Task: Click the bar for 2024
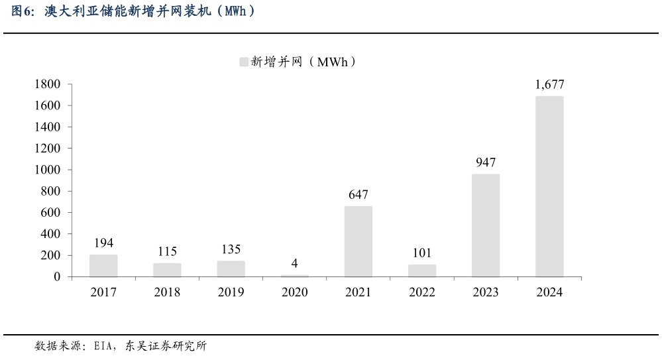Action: pyautogui.click(x=549, y=186)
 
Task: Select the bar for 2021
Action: pyautogui.click(x=358, y=241)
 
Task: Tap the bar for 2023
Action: pyautogui.click(x=486, y=225)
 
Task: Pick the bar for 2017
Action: pyautogui.click(x=103, y=265)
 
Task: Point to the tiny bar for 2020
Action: pyautogui.click(x=294, y=275)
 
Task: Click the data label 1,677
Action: pyautogui.click(x=549, y=84)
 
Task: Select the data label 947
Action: pyautogui.click(x=486, y=162)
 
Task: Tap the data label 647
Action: pyautogui.click(x=358, y=194)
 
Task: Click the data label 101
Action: pyautogui.click(x=421, y=253)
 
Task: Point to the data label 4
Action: pyautogui.click(x=294, y=263)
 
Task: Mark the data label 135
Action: pyautogui.click(x=231, y=249)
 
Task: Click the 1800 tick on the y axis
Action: pyautogui.click(x=47, y=84)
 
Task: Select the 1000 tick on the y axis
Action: pyautogui.click(x=47, y=170)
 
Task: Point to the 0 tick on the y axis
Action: pyautogui.click(x=57, y=276)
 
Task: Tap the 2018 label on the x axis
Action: pyautogui.click(x=167, y=292)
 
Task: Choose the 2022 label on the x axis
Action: pyautogui.click(x=421, y=292)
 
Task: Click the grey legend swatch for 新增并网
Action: pyautogui.click(x=243, y=62)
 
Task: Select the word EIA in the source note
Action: pyautogui.click(x=104, y=346)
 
